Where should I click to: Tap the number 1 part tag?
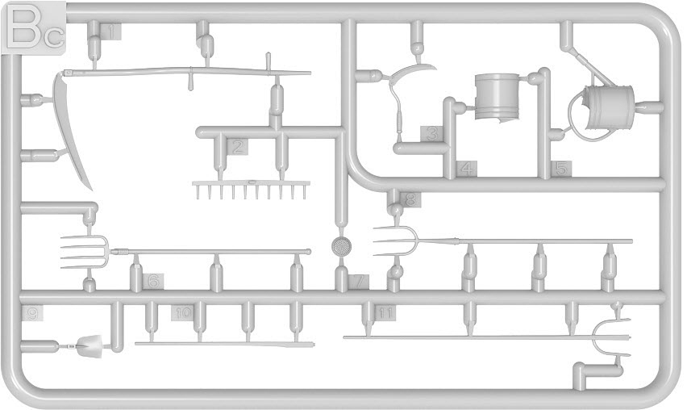(x=113, y=32)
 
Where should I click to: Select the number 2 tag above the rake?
(x=237, y=147)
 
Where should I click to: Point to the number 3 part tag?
(x=433, y=133)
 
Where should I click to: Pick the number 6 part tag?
(x=153, y=282)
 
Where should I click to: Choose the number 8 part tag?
(x=411, y=199)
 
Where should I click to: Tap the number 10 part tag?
(x=183, y=312)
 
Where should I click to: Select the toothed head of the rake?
(x=251, y=190)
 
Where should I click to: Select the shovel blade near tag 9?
(x=90, y=346)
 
